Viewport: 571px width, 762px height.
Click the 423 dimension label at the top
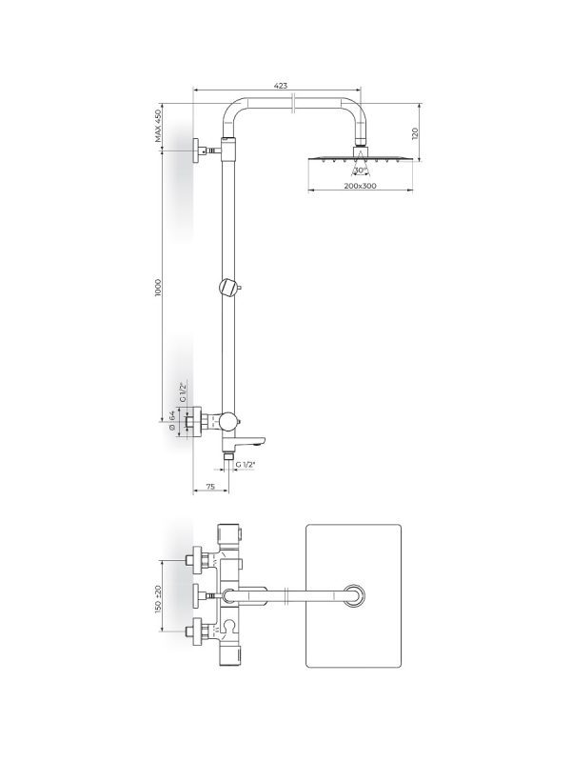click(x=281, y=86)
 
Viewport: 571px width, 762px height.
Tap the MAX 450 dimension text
click(x=160, y=126)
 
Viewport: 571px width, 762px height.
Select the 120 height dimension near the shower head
click(x=416, y=133)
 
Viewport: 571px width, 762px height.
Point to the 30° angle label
click(x=361, y=170)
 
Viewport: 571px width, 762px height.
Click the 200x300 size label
click(x=361, y=187)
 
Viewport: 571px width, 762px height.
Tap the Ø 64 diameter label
click(x=172, y=420)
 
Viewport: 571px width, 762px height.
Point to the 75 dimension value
click(x=210, y=487)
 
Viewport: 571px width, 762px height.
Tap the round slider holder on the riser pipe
click(x=229, y=287)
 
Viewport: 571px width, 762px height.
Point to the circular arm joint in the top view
click(x=355, y=596)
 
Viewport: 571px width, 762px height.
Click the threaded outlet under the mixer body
click(x=228, y=457)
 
